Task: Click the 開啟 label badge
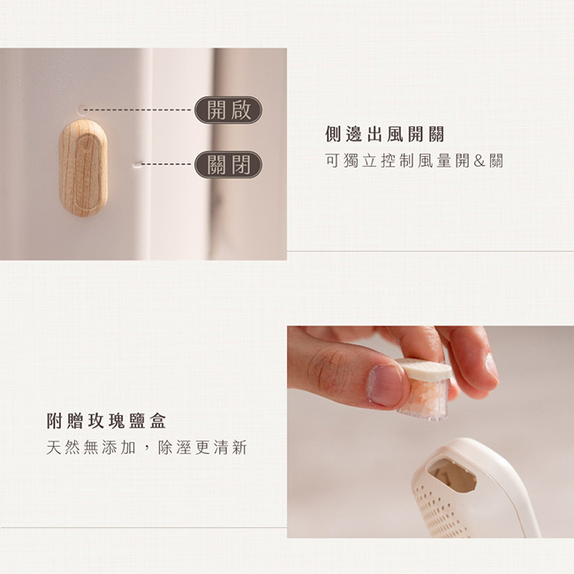click(228, 110)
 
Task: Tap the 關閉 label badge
click(228, 164)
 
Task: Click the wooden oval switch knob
click(84, 168)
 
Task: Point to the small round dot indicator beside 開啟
click(83, 110)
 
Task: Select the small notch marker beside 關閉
click(136, 164)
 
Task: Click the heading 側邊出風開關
click(385, 134)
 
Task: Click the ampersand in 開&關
click(480, 161)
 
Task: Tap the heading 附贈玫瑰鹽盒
click(107, 421)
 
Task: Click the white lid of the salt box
click(424, 368)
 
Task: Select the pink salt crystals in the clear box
click(427, 397)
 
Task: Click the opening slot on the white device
click(452, 475)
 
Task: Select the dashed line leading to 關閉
click(167, 164)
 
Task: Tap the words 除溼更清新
click(203, 448)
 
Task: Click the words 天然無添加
click(91, 448)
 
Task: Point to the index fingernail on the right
click(492, 367)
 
